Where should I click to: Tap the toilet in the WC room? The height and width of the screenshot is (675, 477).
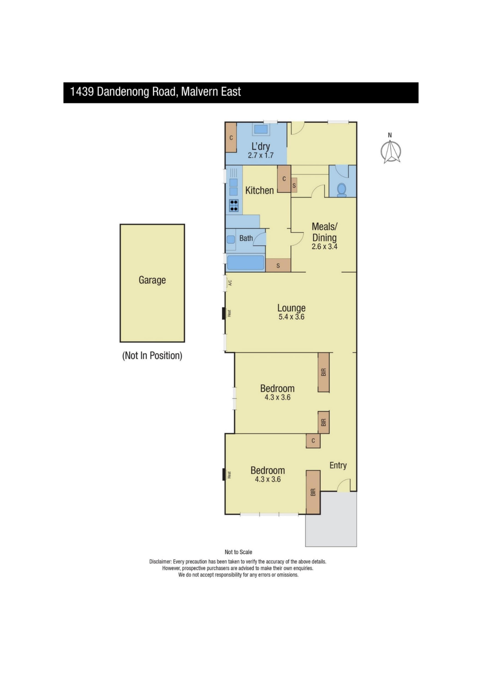[x=342, y=190]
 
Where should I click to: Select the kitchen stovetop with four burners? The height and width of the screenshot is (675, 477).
[x=234, y=205]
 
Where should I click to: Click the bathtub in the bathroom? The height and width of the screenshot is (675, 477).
[x=245, y=263]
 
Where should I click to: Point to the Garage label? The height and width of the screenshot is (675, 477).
[x=152, y=280]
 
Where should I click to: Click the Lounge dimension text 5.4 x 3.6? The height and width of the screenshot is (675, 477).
[x=291, y=317]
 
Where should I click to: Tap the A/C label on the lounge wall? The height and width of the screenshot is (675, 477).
[x=230, y=282]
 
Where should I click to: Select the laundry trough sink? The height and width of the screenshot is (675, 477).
[x=261, y=129]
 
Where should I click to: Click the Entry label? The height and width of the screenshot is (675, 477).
[x=338, y=465]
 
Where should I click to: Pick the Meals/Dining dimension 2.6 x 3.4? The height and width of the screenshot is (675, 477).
[x=325, y=246]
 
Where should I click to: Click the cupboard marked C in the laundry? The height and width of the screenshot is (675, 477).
[x=231, y=137]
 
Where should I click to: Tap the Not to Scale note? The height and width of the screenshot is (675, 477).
[x=238, y=552]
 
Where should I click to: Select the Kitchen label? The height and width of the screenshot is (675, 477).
[x=259, y=190]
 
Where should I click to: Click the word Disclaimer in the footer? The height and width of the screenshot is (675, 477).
[x=160, y=562]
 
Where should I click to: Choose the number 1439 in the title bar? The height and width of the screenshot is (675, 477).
[x=82, y=92]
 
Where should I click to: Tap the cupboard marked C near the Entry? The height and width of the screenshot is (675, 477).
[x=313, y=441]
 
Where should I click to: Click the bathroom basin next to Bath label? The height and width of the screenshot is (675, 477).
[x=231, y=239]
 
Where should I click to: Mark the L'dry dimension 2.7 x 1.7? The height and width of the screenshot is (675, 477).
[x=261, y=155]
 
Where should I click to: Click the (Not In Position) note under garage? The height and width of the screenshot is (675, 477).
[x=152, y=355]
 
